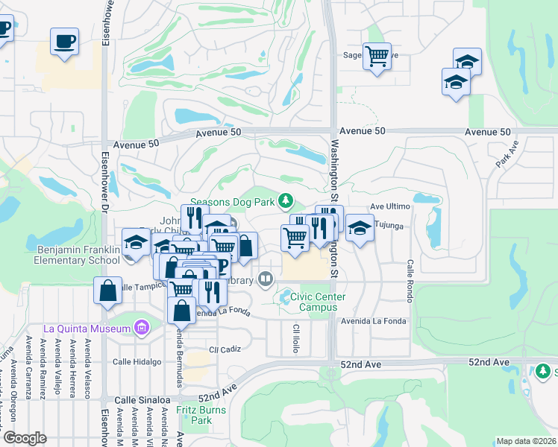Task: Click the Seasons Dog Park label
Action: [x=233, y=201]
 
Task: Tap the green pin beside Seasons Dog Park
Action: [x=285, y=200]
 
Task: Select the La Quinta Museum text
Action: [x=87, y=328]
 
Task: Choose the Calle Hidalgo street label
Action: [x=137, y=362]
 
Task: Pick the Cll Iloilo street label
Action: [x=296, y=339]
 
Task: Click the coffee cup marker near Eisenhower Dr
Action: [x=64, y=41]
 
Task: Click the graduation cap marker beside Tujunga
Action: [x=360, y=228]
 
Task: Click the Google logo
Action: [x=25, y=438]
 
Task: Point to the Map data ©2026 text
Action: [x=525, y=441]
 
